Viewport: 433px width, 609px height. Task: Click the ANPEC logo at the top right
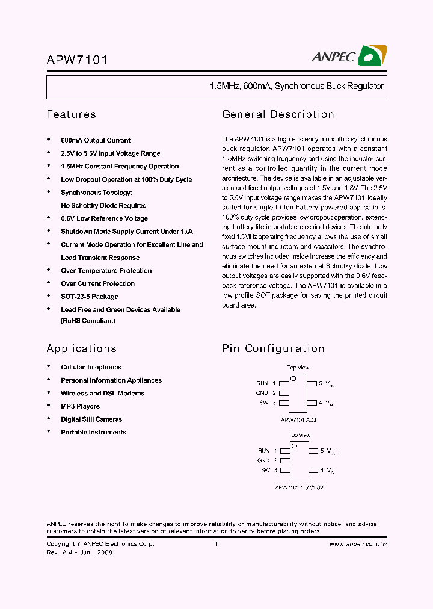click(x=349, y=56)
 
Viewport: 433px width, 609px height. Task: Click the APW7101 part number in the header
click(x=77, y=60)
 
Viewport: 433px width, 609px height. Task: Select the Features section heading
click(x=71, y=114)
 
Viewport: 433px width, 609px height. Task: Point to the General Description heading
click(x=278, y=114)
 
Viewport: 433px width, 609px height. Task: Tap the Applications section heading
click(x=81, y=348)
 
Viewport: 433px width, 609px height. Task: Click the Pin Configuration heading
click(x=273, y=348)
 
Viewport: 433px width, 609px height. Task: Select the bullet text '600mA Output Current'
click(x=96, y=140)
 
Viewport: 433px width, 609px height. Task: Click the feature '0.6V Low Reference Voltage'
click(x=104, y=218)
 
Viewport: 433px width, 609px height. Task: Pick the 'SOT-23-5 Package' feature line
click(x=90, y=297)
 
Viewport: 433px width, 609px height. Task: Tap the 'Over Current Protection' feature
click(x=97, y=283)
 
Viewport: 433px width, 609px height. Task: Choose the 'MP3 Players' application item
click(x=80, y=406)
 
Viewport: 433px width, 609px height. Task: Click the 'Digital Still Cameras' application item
click(x=91, y=419)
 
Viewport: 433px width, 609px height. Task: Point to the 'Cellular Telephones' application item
click(x=91, y=367)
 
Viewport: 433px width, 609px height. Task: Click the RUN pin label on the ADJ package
click(x=262, y=383)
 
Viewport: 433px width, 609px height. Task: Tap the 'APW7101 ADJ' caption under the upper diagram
click(x=298, y=419)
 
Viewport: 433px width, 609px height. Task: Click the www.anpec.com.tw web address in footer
click(x=358, y=544)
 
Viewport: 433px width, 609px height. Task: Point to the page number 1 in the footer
click(x=216, y=544)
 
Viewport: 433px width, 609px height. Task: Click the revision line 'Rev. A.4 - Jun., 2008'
click(x=79, y=552)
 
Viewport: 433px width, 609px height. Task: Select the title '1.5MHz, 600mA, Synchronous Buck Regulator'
click(x=296, y=87)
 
